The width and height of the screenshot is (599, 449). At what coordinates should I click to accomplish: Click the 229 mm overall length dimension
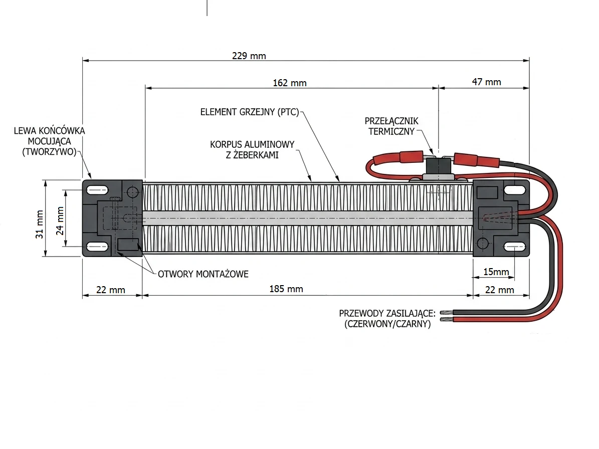point(249,56)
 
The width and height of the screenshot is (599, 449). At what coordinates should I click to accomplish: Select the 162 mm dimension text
point(290,83)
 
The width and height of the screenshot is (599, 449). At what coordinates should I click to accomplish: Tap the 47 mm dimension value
point(486,82)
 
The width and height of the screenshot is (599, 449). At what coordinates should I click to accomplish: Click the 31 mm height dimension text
point(40,224)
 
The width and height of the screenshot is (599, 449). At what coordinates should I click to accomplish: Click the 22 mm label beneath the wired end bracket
point(500,290)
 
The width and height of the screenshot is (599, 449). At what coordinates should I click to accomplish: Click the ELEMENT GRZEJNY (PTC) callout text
point(249,112)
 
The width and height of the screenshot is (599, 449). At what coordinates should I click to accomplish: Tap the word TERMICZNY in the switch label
point(391,132)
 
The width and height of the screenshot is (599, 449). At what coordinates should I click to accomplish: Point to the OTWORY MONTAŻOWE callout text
point(203,274)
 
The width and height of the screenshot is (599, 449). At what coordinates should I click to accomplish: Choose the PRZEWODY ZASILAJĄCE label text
point(387,314)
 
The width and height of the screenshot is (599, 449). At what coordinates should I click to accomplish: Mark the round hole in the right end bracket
point(482,244)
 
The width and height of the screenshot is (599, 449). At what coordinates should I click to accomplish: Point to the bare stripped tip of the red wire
point(445,319)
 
